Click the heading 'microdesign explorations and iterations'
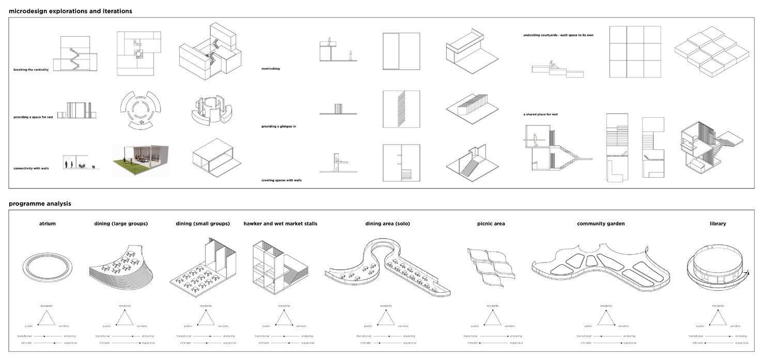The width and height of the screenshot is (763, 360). click(x=70, y=11)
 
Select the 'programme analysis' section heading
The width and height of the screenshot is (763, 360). click(x=40, y=204)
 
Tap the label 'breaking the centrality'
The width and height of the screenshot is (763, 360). click(x=31, y=70)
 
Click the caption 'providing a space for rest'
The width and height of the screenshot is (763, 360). click(x=33, y=117)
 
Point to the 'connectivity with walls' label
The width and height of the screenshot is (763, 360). click(x=31, y=168)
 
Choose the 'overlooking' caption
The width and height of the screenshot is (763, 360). click(x=271, y=69)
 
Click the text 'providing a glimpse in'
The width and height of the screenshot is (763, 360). click(x=278, y=127)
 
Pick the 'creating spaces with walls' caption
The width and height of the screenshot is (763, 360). click(x=282, y=180)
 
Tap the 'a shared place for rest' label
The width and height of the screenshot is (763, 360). click(x=540, y=114)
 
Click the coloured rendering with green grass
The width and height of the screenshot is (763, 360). click(x=141, y=160)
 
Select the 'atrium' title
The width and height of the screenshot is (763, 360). click(x=48, y=224)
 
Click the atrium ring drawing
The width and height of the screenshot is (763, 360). click(x=48, y=268)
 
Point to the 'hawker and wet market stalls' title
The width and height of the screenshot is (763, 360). click(x=281, y=224)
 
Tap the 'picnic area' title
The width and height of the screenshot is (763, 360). click(x=491, y=224)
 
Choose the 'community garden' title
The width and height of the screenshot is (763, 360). click(x=601, y=224)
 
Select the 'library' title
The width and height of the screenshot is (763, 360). click(x=718, y=224)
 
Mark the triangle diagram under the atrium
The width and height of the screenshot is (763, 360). click(x=48, y=318)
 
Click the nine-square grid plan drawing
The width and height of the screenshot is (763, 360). click(x=635, y=52)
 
